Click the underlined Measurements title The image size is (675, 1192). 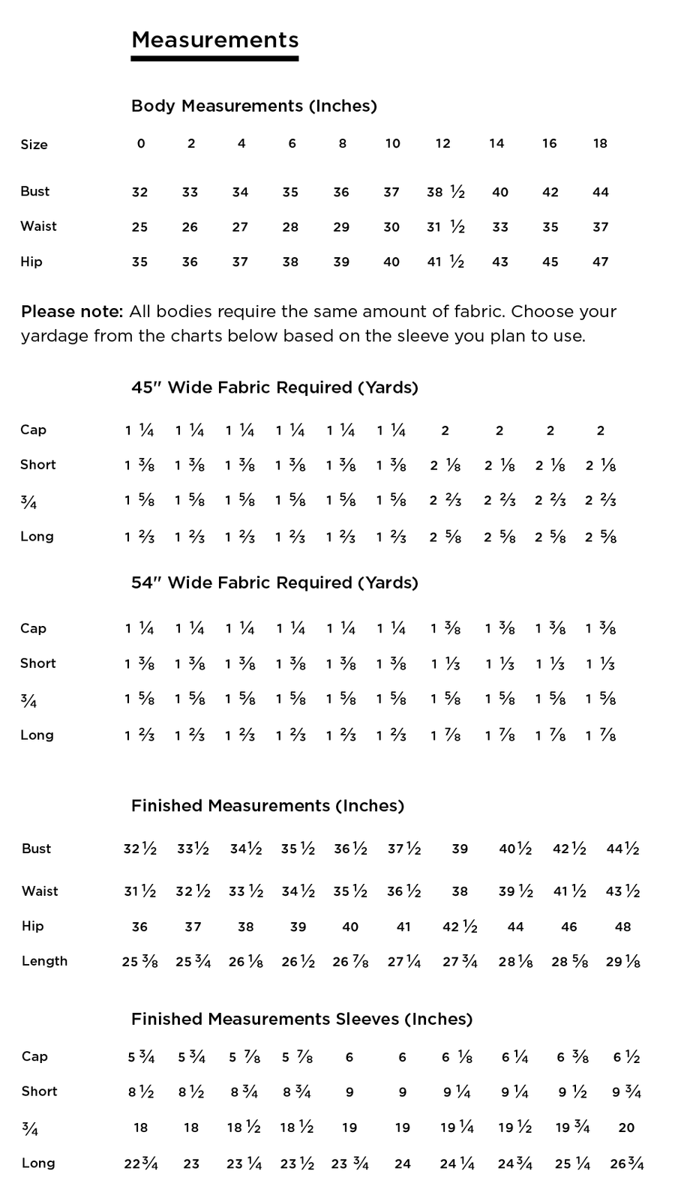point(214,40)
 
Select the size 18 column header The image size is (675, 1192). point(600,143)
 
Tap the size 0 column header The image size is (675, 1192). point(141,143)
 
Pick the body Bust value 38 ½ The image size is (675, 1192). point(445,192)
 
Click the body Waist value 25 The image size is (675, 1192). point(139,227)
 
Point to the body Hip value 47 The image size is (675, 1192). point(600,262)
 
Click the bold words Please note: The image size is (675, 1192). point(72,311)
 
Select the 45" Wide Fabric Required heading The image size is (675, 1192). point(274,388)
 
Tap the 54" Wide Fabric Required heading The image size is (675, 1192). point(274,583)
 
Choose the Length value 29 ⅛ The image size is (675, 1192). point(622,961)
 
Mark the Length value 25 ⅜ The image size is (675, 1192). point(139,961)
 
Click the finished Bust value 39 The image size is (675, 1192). point(460,849)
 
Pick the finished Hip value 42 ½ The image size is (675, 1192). point(460,927)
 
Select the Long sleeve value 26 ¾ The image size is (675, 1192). point(627,1164)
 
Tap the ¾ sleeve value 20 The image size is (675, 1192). point(627,1128)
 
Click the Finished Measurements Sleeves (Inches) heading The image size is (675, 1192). point(301,1019)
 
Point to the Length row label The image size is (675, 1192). point(44,961)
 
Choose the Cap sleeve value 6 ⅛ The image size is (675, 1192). point(457,1057)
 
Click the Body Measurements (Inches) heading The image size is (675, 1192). point(253,106)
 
